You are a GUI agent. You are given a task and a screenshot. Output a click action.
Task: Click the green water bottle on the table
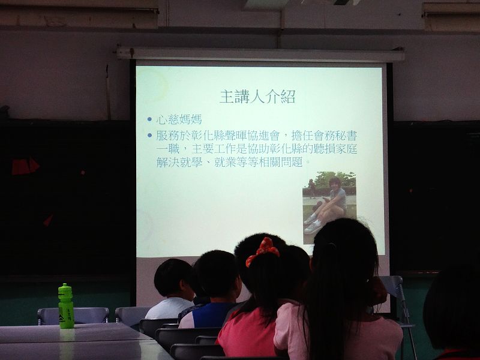point(66,306)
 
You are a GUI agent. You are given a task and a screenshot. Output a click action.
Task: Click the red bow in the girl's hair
point(263,251)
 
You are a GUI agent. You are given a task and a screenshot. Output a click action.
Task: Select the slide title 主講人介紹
point(257,97)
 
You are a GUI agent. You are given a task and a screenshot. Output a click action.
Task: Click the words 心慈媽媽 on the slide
point(179,119)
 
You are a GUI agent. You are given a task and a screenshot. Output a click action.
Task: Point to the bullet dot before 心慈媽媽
point(149,119)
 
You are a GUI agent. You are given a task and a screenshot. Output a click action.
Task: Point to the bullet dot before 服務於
point(149,135)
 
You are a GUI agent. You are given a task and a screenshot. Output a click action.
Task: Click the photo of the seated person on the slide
point(329,208)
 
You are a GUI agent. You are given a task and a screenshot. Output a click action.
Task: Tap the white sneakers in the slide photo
point(313,226)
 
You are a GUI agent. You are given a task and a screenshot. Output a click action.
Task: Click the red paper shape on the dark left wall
point(25,166)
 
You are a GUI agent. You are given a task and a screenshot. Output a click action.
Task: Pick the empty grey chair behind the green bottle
point(73,316)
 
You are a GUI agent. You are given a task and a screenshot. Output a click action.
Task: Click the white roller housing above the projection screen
point(261,54)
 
